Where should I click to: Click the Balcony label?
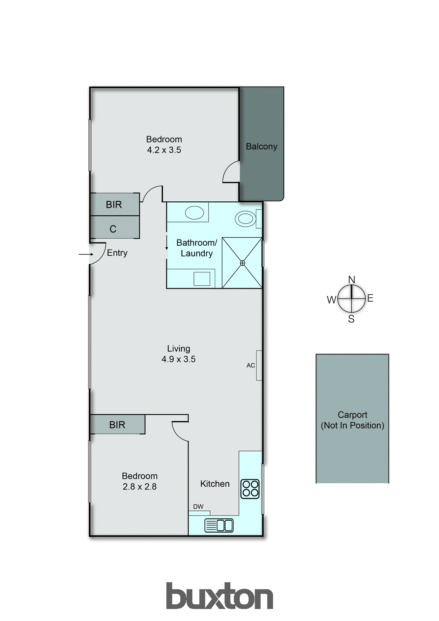coord(261,146)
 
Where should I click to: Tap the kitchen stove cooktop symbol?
coord(250,489)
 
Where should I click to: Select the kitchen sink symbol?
coord(219,526)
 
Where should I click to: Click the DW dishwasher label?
coord(198,507)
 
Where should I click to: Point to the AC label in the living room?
coord(251,365)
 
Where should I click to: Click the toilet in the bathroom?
coord(245,219)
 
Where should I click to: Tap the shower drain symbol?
coord(243,263)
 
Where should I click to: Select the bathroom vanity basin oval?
coord(195,213)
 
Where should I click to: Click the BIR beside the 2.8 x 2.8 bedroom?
coord(117,425)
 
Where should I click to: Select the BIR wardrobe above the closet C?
coord(114,205)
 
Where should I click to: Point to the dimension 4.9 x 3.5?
coord(178,359)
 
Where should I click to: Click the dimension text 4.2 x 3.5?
coord(164,150)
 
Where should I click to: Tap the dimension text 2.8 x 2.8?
coord(140,487)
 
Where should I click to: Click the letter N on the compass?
coord(351,280)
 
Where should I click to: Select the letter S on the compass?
coord(351,319)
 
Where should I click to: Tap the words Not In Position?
coord(353,425)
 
